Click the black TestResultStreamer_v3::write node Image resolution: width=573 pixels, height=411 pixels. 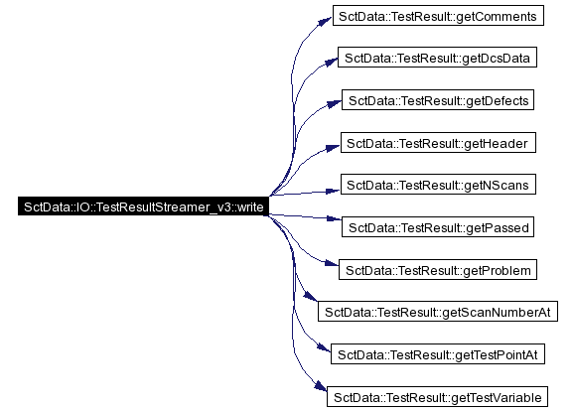pyautogui.click(x=143, y=206)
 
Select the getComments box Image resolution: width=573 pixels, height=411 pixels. pyautogui.click(x=438, y=15)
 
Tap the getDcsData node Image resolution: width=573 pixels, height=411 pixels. pyautogui.click(x=437, y=57)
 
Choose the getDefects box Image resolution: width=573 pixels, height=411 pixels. pyautogui.click(x=438, y=99)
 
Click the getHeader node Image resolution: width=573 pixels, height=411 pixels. pyautogui.click(x=438, y=143)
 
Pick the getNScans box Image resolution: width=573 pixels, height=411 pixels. pyautogui.click(x=438, y=184)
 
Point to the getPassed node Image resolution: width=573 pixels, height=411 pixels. pyautogui.click(x=438, y=227)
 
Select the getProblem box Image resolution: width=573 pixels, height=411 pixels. pyautogui.click(x=438, y=270)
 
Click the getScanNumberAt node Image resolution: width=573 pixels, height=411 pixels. pyautogui.click(x=438, y=312)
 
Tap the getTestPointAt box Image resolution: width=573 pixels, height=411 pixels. pyautogui.click(x=438, y=354)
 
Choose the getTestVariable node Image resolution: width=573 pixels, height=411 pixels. pyautogui.click(x=437, y=397)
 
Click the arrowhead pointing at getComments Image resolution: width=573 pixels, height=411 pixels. pyautogui.click(x=325, y=21)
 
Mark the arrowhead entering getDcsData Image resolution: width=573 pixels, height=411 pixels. pyautogui.click(x=331, y=62)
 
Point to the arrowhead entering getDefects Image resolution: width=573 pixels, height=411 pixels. pyautogui.click(x=334, y=104)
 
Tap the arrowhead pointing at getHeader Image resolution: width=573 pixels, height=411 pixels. pyautogui.click(x=333, y=148)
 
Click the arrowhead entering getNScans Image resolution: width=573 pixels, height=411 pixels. pyautogui.click(x=333, y=191)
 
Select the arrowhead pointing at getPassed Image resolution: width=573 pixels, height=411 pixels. pyautogui.click(x=334, y=218)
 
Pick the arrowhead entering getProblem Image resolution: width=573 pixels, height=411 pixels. pyautogui.click(x=332, y=262)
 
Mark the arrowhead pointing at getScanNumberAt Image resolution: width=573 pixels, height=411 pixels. pyautogui.click(x=311, y=296)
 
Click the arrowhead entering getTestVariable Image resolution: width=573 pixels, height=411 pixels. pyautogui.click(x=321, y=386)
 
